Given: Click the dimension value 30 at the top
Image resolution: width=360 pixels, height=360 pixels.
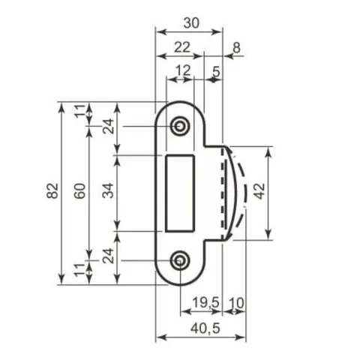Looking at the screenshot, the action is pyautogui.click(x=191, y=23).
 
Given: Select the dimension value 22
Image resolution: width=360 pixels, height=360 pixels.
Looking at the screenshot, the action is pyautogui.click(x=182, y=47).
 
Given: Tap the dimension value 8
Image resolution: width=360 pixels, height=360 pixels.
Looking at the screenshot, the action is pyautogui.click(x=236, y=47).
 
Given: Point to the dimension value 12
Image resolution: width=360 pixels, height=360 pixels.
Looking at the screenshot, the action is pyautogui.click(x=184, y=70).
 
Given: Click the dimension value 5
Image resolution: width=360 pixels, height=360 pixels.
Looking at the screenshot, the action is pyautogui.click(x=216, y=72).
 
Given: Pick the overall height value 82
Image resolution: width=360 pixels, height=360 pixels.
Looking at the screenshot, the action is pyautogui.click(x=52, y=190).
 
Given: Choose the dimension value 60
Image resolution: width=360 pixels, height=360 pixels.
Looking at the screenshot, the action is pyautogui.click(x=80, y=190).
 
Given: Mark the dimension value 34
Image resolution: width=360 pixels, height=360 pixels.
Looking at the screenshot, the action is pyautogui.click(x=108, y=190).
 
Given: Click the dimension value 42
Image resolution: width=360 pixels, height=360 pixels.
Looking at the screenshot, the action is pyautogui.click(x=260, y=191).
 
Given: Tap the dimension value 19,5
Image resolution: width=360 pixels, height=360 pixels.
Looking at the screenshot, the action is pyautogui.click(x=205, y=302).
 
